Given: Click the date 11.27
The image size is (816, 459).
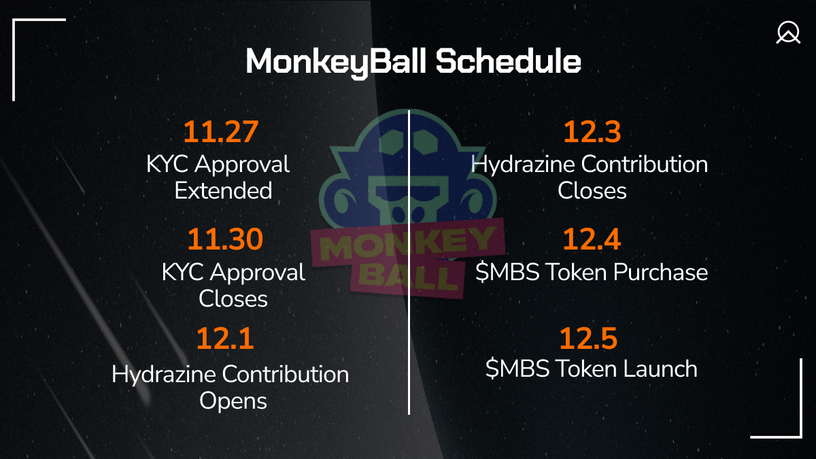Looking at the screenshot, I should tap(221, 132).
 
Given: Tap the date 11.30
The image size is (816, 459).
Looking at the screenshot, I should tap(224, 240).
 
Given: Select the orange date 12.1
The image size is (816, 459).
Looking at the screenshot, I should tap(224, 339).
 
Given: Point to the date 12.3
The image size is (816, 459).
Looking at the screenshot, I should tap(592, 132).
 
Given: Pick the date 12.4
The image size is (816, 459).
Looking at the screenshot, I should tap(592, 240).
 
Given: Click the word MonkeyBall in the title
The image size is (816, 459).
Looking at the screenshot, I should tap(337, 62).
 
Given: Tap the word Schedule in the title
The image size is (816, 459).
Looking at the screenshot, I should tap(508, 62).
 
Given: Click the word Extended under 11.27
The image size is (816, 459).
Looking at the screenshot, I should tap(223, 190).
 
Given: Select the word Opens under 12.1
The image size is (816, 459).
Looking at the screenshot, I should tap(233, 401).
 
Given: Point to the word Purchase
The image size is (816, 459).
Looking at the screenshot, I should tap(660, 272).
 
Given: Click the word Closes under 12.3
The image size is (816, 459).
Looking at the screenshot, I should tap(592, 190).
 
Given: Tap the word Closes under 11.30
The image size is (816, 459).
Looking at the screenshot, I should tap(233, 299).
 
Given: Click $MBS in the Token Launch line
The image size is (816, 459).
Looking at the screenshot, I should tap(517, 369).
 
